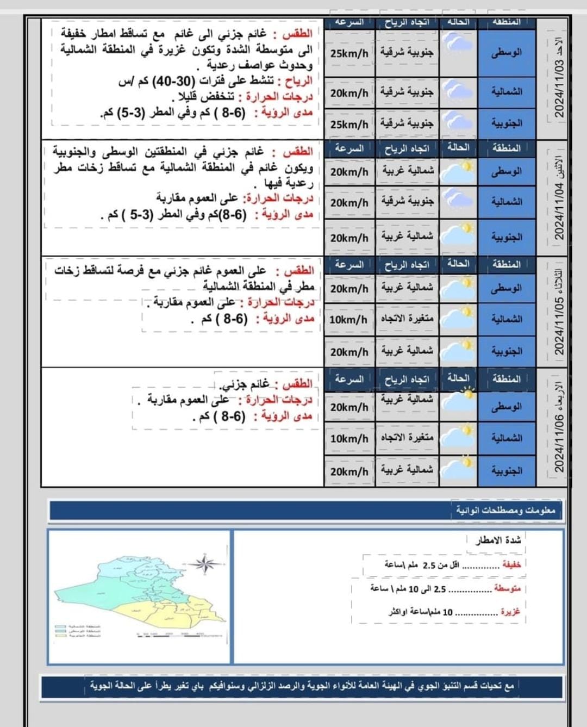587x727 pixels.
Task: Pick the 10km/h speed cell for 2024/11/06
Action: (349, 438)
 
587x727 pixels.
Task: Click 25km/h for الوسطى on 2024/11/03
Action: (349, 53)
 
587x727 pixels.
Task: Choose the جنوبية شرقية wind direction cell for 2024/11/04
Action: (407, 202)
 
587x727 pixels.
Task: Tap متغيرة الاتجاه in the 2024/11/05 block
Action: (407, 319)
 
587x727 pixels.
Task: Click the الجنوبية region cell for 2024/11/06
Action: (507, 470)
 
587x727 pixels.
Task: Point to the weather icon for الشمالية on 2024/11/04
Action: (458, 200)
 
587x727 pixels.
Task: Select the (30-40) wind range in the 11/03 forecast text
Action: (173, 82)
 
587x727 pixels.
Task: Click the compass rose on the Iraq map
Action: (205, 563)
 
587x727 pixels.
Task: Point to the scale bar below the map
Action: (179, 634)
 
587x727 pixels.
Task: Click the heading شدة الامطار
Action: (498, 540)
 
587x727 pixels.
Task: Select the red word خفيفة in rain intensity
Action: (511, 564)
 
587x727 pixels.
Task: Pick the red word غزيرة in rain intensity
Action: (510, 612)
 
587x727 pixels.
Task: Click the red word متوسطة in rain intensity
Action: (507, 589)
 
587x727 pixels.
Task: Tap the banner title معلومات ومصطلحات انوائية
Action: (505, 511)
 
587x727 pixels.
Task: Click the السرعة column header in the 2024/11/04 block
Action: (349, 148)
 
